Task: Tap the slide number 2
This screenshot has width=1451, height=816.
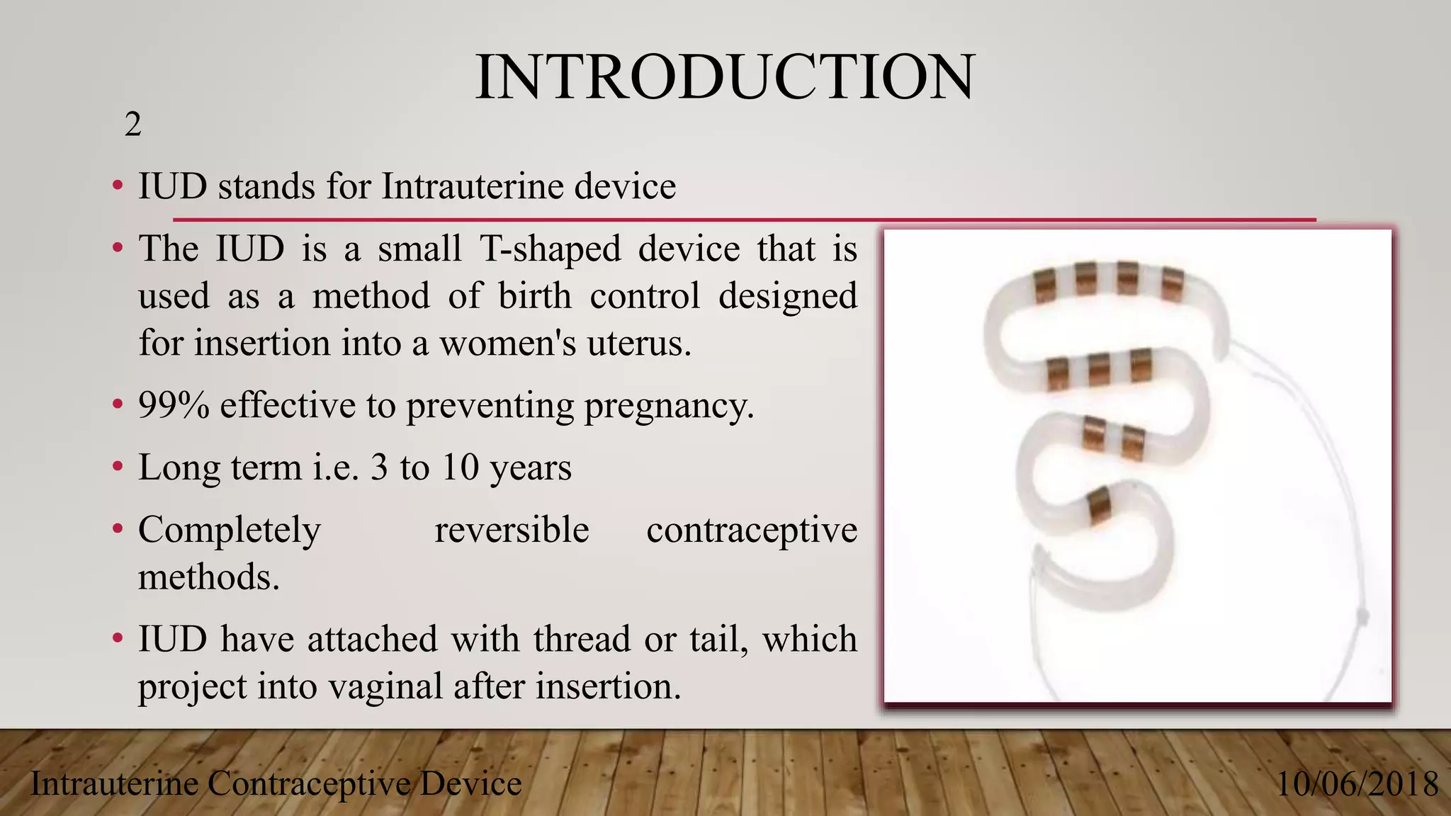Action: click(132, 125)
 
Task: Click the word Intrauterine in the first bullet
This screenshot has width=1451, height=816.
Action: click(472, 187)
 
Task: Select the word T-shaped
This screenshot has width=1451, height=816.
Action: click(551, 249)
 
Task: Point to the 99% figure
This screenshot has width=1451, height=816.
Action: click(174, 405)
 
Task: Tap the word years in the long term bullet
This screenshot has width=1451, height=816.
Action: click(530, 467)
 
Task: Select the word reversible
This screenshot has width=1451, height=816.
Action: click(512, 530)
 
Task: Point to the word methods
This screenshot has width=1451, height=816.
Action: click(208, 577)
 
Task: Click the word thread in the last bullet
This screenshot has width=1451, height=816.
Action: click(582, 639)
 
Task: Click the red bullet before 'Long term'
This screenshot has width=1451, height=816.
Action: click(118, 467)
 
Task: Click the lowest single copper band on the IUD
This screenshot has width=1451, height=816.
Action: click(1098, 505)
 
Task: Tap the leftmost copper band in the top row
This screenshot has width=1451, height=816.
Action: click(1044, 285)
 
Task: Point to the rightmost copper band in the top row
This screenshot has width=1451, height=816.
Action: click(1172, 284)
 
